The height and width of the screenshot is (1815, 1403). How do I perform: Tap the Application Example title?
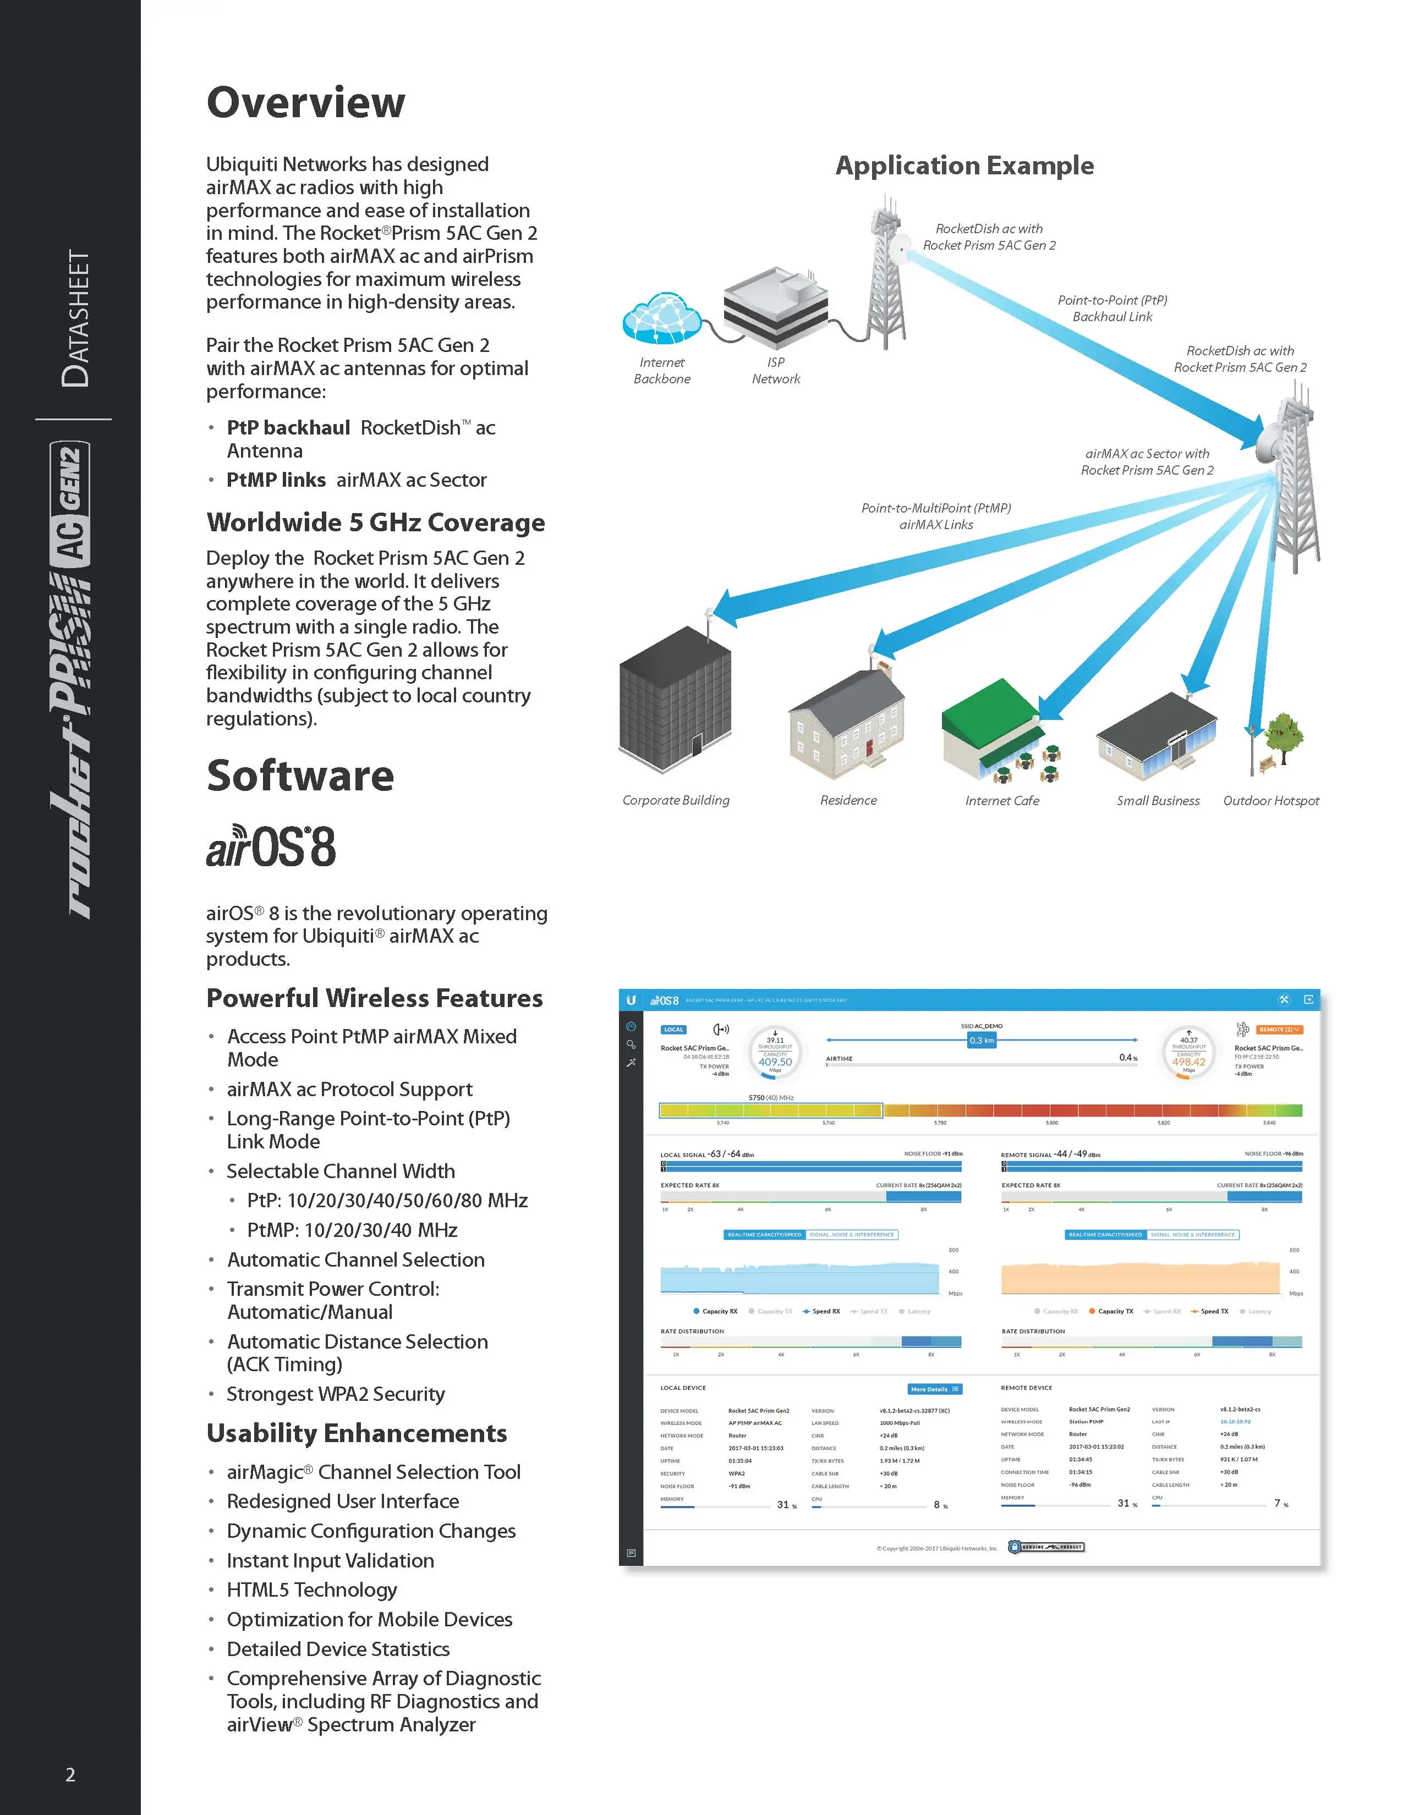(964, 166)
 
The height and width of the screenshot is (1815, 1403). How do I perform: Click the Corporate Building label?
(676, 800)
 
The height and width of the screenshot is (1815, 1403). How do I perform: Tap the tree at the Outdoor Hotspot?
(1283, 735)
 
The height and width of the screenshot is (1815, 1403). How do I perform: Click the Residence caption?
(848, 800)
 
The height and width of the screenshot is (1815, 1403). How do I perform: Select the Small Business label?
(1158, 800)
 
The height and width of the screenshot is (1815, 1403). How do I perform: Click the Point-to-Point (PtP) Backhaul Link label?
(1112, 309)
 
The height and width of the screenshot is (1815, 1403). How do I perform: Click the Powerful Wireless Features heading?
(374, 998)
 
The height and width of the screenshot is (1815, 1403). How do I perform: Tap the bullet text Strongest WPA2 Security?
(336, 1394)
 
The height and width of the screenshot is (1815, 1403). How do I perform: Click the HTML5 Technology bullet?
(311, 1590)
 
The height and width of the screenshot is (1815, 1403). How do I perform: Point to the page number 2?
(70, 1775)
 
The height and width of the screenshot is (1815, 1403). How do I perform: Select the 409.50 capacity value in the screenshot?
(775, 1061)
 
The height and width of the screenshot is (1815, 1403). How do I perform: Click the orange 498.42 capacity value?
(1188, 1061)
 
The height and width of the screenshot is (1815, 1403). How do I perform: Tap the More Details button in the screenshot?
(935, 1389)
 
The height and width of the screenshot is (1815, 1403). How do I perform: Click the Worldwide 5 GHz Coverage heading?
(376, 522)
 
